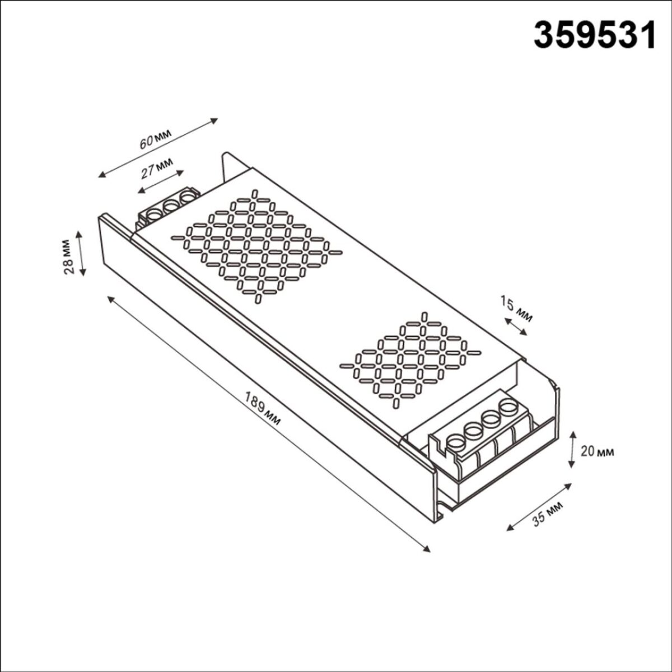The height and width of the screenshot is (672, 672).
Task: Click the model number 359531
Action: pos(594,36)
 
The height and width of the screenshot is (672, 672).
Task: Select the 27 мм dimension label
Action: pos(156,167)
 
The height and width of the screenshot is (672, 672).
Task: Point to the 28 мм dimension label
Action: pos(68,256)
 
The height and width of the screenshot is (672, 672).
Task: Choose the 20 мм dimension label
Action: pos(597,451)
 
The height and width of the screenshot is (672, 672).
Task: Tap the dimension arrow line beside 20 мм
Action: pos(572,449)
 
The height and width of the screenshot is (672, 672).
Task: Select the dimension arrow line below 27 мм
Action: pos(161,182)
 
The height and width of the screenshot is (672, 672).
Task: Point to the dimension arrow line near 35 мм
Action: pos(538,506)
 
